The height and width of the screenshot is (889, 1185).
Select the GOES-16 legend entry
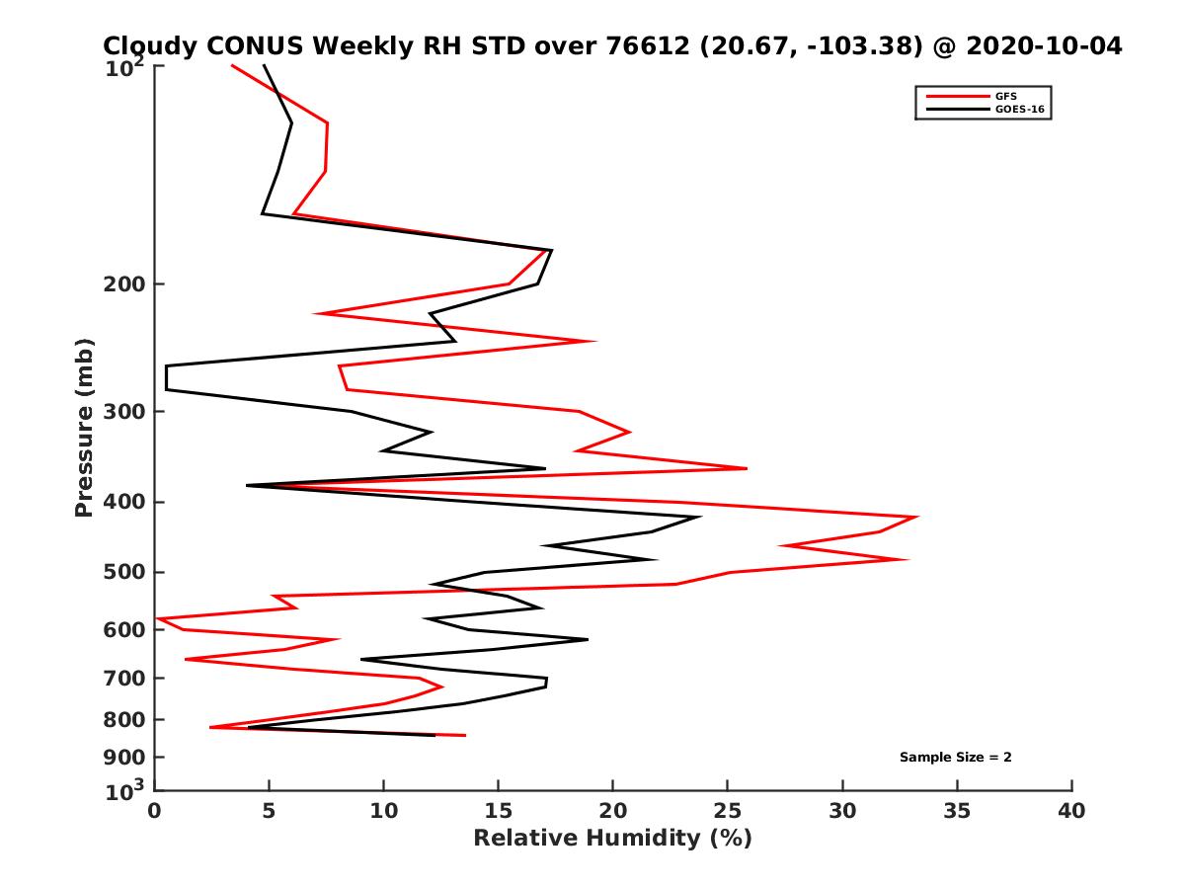coord(1019,110)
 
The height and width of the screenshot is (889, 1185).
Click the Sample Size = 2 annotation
coord(955,758)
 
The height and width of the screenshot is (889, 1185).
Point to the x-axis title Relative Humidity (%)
coord(612,839)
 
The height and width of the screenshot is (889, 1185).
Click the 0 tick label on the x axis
coord(155,811)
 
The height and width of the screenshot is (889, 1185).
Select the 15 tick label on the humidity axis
coord(499,811)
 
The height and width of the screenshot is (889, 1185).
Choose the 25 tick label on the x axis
coord(728,811)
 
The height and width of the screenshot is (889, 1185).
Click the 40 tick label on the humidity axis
coord(1071,811)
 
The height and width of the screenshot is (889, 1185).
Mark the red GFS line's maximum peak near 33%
coord(917,517)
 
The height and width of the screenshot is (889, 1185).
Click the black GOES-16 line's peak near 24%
coord(699,517)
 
